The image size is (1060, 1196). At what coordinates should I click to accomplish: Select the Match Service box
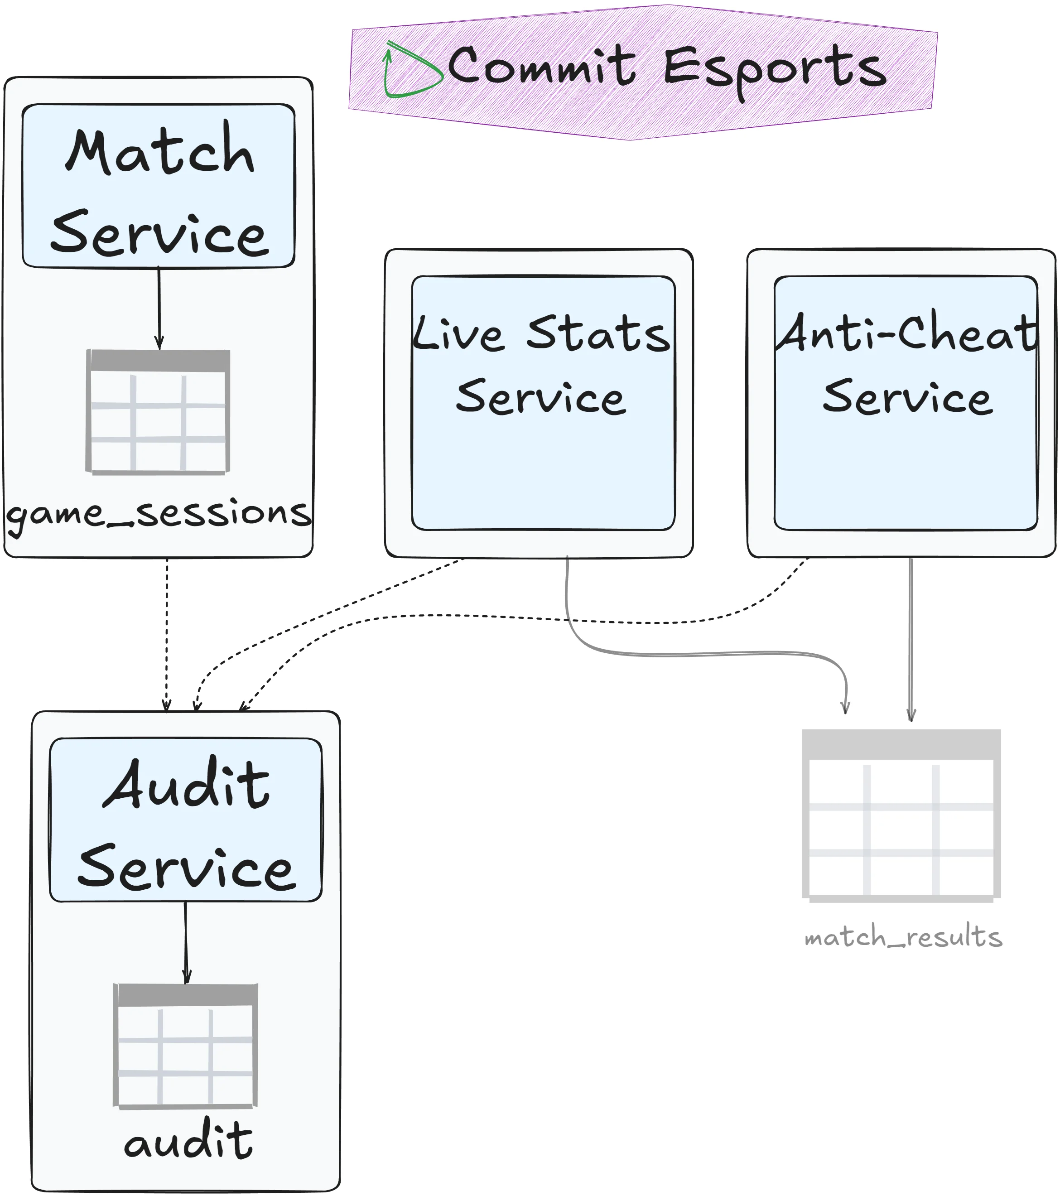click(x=158, y=186)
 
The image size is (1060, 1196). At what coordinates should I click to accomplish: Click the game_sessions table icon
click(x=158, y=412)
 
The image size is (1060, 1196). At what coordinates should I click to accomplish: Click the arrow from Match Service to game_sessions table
click(x=159, y=307)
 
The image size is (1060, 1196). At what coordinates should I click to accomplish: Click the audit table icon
click(x=185, y=1046)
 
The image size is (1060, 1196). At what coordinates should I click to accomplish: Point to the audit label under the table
click(x=188, y=1142)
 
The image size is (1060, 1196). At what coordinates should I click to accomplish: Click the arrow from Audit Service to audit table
click(x=186, y=942)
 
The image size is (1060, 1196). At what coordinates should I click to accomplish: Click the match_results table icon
click(x=901, y=815)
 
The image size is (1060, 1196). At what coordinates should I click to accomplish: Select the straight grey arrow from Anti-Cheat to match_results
click(x=910, y=638)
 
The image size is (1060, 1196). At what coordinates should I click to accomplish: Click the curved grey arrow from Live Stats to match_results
click(x=702, y=654)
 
